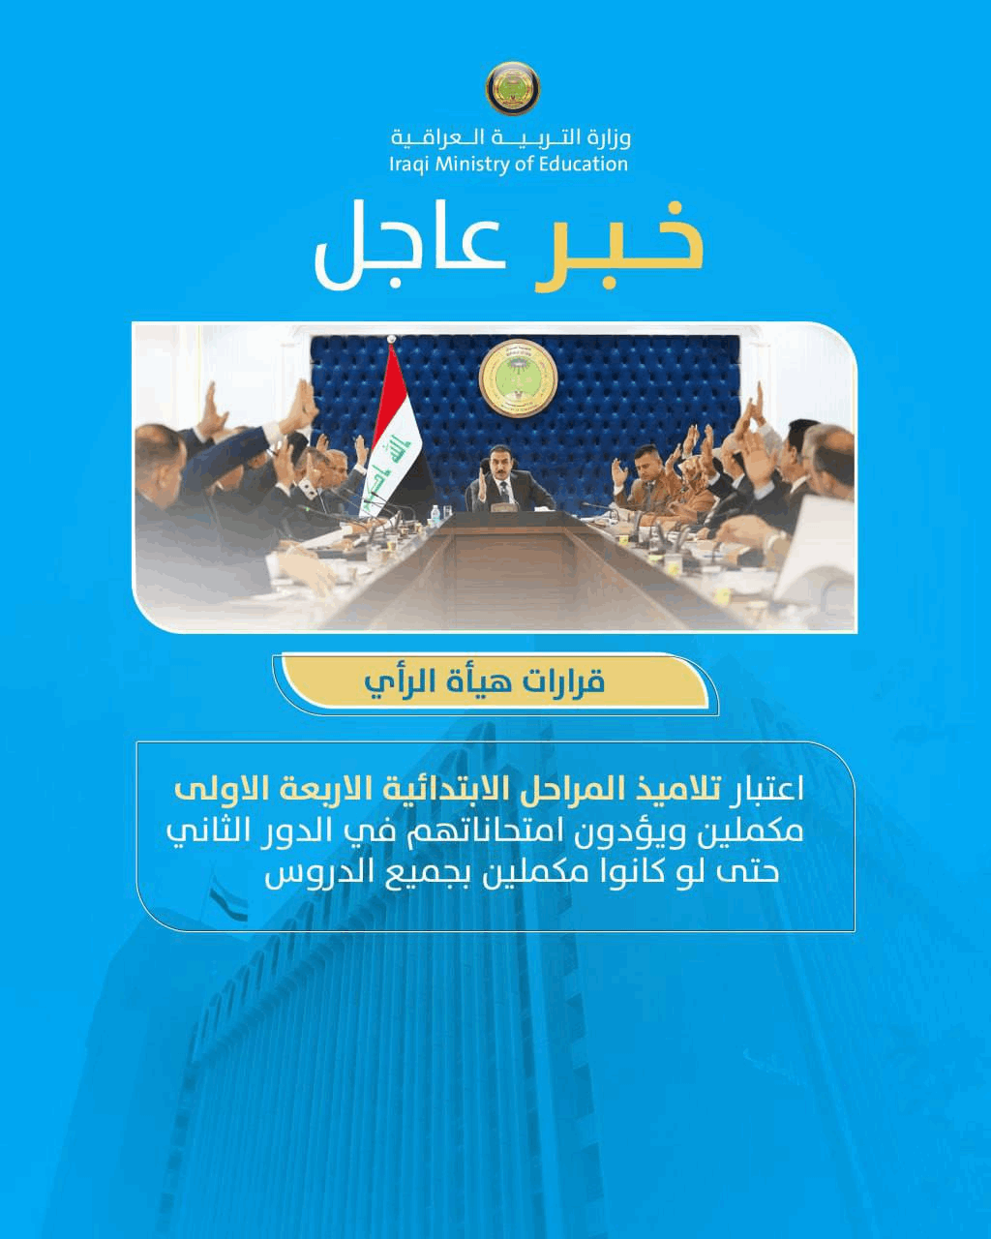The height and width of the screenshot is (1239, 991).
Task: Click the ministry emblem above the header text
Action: [512, 89]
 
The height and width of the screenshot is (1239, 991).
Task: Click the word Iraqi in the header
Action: [409, 165]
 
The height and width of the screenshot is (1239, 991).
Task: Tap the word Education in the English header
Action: [583, 164]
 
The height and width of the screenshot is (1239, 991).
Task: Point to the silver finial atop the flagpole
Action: [392, 339]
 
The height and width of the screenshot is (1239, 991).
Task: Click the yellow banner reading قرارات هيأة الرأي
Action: [496, 681]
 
